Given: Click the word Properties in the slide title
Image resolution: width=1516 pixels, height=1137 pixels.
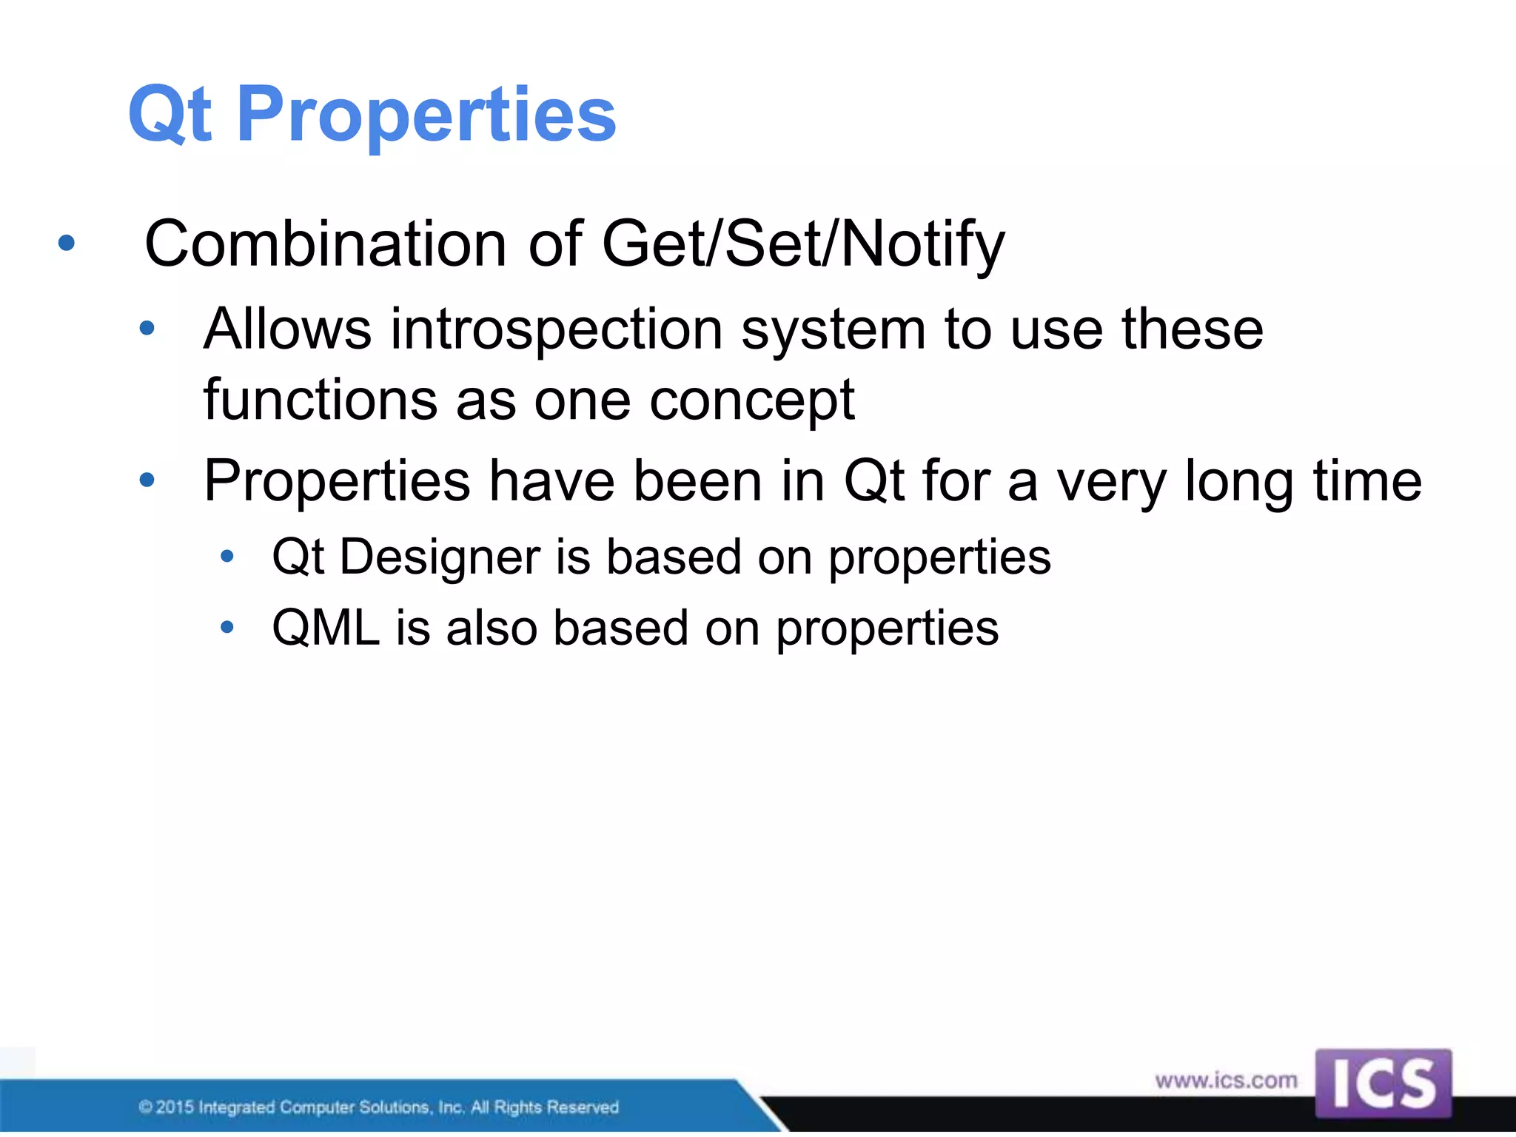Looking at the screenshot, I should pyautogui.click(x=426, y=115).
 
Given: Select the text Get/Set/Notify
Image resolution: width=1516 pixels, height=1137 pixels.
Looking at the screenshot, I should pyautogui.click(x=803, y=244).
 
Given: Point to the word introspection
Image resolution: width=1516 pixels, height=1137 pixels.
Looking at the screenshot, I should pyautogui.click(x=556, y=329).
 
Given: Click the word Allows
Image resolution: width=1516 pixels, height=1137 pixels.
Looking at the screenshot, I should pyautogui.click(x=287, y=329).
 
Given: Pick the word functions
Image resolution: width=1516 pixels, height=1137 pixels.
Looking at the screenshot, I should pyautogui.click(x=320, y=400).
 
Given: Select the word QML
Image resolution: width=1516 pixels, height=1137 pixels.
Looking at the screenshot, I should pyautogui.click(x=326, y=628).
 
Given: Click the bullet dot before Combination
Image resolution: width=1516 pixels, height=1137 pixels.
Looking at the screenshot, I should pyautogui.click(x=67, y=243).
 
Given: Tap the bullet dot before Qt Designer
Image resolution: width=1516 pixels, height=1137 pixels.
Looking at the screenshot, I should pyautogui.click(x=227, y=556).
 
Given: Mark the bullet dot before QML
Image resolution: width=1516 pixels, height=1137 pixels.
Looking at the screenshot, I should pyautogui.click(x=227, y=628).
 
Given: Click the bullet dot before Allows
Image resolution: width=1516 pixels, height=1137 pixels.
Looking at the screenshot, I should pyautogui.click(x=147, y=328).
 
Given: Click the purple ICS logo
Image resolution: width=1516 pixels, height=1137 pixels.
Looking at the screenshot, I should pyautogui.click(x=1383, y=1083).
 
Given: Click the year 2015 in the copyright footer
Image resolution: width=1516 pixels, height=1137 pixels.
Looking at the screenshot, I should pyautogui.click(x=175, y=1107).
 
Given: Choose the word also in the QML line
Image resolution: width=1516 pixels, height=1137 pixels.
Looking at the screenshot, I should pyautogui.click(x=492, y=628).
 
